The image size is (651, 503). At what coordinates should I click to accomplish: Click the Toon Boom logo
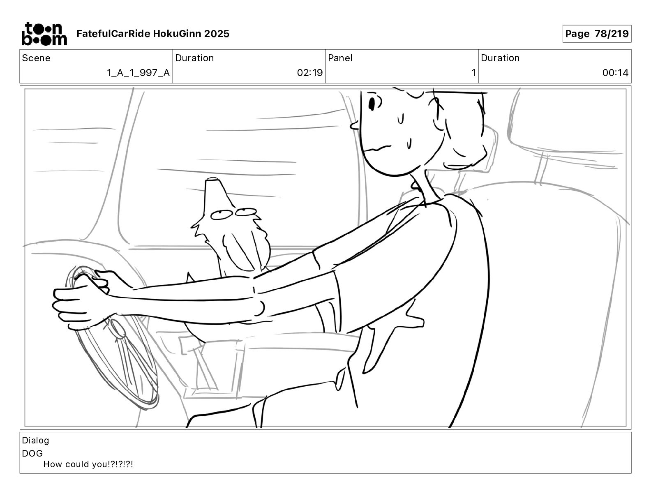click(44, 34)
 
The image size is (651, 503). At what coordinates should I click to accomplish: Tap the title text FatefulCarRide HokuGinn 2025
click(153, 34)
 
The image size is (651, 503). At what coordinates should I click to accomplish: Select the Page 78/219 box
click(597, 34)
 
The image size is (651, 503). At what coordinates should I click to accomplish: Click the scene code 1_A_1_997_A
click(139, 73)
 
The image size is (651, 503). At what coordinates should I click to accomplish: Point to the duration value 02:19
click(310, 73)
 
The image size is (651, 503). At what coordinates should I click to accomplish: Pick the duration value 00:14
click(615, 73)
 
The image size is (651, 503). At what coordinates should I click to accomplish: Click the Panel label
click(340, 58)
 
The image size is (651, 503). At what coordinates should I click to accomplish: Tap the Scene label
click(36, 58)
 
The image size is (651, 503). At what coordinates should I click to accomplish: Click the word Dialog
click(35, 441)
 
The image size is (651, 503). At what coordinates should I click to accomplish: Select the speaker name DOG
click(32, 453)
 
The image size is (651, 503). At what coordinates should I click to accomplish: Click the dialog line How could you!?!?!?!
click(88, 464)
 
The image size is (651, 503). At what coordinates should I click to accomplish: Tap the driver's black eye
click(372, 104)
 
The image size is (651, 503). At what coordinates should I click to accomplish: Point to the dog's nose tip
click(213, 180)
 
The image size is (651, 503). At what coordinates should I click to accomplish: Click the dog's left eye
click(222, 215)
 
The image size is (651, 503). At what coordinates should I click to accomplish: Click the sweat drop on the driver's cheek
click(409, 144)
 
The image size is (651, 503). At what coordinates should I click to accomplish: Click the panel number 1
click(473, 73)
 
